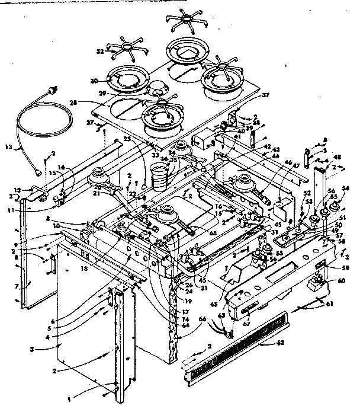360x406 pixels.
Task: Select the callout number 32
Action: click(x=100, y=52)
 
